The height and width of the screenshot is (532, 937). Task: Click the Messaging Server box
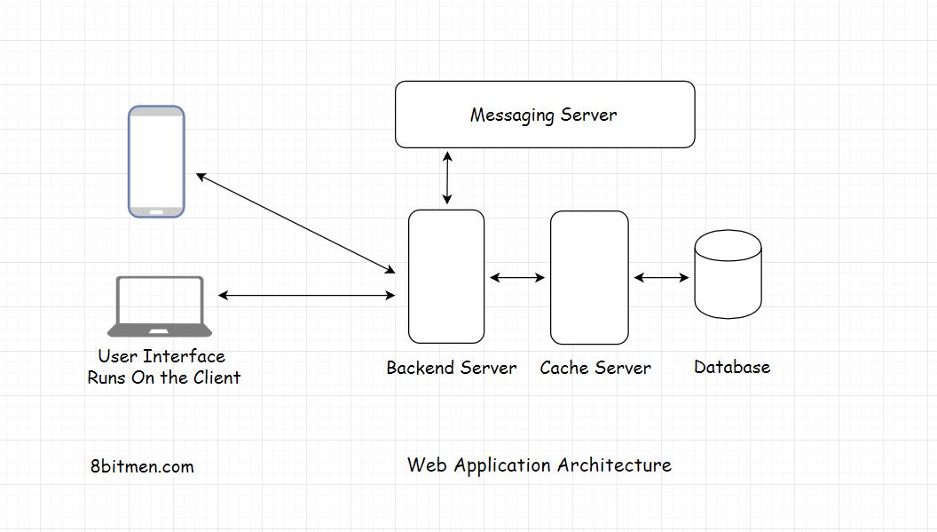point(544,114)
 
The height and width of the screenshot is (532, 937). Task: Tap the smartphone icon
point(156,161)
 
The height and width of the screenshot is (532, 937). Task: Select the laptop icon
point(160,306)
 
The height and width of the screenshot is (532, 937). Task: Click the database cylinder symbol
point(728,274)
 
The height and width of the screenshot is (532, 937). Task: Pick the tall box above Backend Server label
point(446,276)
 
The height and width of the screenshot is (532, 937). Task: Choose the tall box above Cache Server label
point(589,277)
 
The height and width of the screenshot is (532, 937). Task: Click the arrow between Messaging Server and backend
point(447,179)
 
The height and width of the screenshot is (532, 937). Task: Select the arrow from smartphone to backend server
point(295,223)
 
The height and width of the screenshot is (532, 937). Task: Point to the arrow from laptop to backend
point(306,295)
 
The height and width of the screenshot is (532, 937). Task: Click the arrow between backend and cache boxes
point(517,278)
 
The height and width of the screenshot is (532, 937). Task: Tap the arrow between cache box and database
point(661,278)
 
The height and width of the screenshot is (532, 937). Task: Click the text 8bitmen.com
point(142,466)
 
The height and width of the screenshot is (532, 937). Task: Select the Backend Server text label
point(452,368)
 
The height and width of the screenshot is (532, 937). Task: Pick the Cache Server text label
point(595,368)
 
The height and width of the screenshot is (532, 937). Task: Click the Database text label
point(732,367)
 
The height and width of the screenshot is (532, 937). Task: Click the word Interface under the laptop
point(184,356)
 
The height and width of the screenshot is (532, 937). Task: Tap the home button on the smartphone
point(156,211)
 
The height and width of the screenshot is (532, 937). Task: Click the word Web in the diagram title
point(422,465)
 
